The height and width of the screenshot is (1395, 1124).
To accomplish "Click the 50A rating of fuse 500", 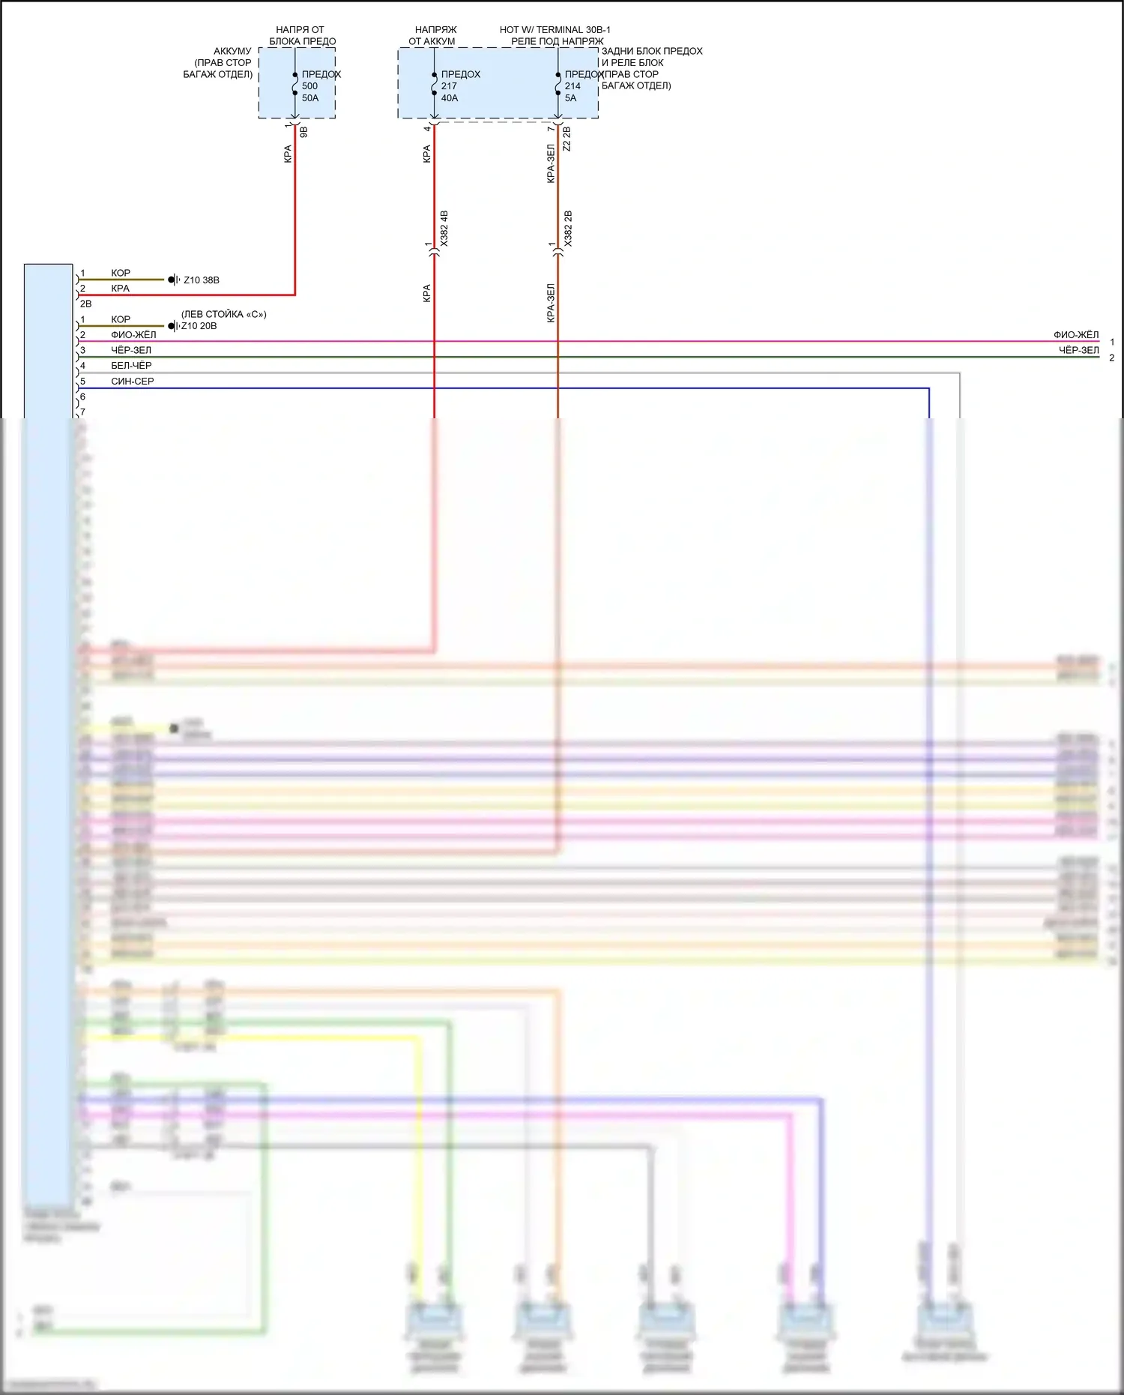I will click(310, 98).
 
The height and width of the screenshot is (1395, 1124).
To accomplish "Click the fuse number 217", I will click(449, 86).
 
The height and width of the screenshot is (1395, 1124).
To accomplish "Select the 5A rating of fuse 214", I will click(571, 98).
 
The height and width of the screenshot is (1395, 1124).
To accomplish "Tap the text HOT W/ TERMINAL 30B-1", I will click(555, 30).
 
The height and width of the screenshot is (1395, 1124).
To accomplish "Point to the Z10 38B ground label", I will click(202, 280).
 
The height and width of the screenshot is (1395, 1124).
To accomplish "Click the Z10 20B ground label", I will click(199, 326).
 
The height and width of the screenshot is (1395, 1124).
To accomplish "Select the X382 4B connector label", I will click(444, 229).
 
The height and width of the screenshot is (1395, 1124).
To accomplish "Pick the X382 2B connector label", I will click(568, 229).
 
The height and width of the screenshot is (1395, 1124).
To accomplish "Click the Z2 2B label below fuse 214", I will click(567, 139).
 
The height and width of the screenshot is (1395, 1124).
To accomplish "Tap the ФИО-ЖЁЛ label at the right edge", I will click(1076, 335).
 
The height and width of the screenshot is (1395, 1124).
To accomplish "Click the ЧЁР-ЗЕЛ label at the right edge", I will click(1078, 350).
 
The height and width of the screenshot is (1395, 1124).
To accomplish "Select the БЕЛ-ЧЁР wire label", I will click(131, 366).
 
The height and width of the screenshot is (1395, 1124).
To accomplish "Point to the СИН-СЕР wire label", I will click(133, 382).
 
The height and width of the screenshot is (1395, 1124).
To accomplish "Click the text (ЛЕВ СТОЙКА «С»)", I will click(223, 314).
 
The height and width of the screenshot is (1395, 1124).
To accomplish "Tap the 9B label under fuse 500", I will click(303, 132).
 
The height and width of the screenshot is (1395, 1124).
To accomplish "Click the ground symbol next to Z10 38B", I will click(174, 280).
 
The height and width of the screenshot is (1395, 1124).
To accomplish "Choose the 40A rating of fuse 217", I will click(450, 98).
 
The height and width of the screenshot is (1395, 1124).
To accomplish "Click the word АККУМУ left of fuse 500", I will click(232, 52).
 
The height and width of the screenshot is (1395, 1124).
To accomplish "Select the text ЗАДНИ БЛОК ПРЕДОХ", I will click(652, 52).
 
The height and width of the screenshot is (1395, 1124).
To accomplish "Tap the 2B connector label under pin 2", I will click(85, 304).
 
